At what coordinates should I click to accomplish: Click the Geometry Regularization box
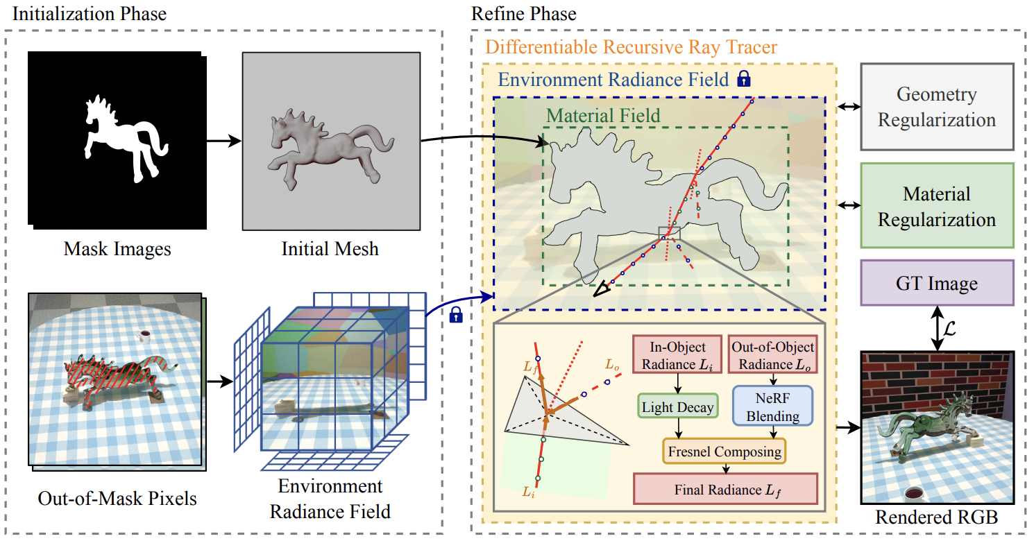click(937, 107)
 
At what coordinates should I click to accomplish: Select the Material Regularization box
click(937, 206)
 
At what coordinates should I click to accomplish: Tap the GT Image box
click(937, 283)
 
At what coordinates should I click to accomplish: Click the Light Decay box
click(677, 407)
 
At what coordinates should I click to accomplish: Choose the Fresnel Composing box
click(724, 452)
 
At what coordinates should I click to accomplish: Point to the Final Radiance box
click(725, 489)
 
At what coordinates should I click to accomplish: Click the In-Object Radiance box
click(677, 355)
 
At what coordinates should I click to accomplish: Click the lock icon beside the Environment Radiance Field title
click(744, 78)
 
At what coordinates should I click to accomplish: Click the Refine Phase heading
click(523, 13)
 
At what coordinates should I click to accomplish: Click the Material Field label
click(603, 115)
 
